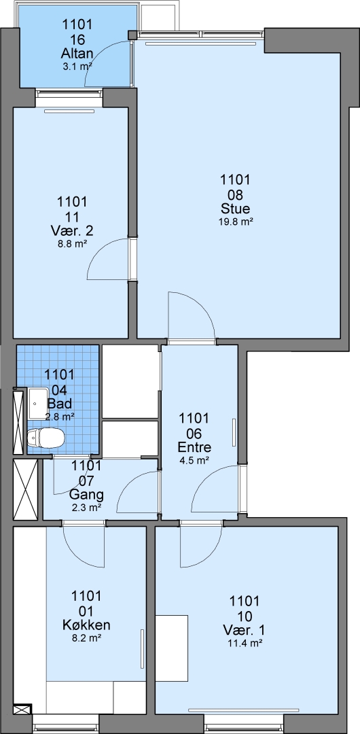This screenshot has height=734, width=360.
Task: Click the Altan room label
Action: point(77,53)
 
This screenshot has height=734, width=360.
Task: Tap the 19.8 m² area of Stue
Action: point(236,222)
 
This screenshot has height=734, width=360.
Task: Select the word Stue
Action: point(236,209)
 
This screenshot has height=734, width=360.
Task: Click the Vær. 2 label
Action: point(72,231)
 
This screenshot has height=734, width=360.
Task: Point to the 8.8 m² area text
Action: point(72,243)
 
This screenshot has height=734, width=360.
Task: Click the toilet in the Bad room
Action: point(46,438)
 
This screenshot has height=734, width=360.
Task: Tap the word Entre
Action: point(194,447)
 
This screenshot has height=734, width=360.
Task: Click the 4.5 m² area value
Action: point(194,461)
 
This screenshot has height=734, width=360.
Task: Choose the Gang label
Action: point(86,494)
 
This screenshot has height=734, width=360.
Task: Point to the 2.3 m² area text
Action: point(86,507)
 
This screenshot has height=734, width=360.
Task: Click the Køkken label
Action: point(86,625)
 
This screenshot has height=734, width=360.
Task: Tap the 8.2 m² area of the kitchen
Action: point(86,637)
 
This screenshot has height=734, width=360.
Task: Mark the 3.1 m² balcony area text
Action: point(77,66)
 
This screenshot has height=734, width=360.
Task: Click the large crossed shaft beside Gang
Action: point(25,489)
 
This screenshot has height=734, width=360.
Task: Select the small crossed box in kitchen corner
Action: point(22,710)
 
